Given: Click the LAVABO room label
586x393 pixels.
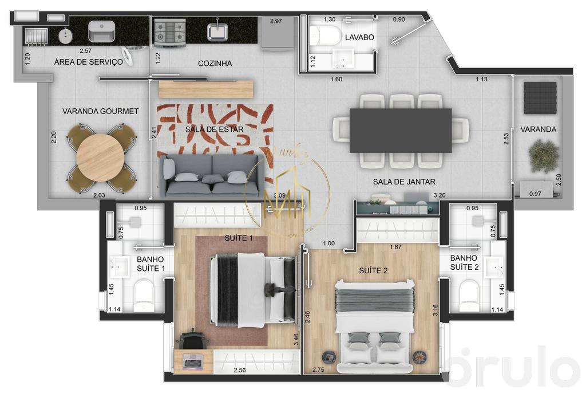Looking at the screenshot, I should point(359,37).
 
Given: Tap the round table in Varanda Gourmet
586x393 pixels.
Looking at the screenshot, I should point(100,157).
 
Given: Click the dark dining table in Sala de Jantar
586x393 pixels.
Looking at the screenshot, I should point(400,130).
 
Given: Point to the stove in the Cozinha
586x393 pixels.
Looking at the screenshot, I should point(170,32).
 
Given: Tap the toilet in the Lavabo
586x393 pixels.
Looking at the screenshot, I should point(324,36).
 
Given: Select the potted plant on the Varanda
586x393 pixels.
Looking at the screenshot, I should point(544,155).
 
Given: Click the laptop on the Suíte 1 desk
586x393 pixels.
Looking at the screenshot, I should point(193,361).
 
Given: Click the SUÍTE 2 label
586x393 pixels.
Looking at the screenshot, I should point(373,270).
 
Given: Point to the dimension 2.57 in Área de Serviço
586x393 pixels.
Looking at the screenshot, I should point(86,51).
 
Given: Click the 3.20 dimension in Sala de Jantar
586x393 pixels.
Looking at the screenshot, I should point(439,195).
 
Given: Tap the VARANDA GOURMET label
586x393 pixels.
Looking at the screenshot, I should point(101,111).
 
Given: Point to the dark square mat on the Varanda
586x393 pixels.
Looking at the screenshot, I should point(540,97).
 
